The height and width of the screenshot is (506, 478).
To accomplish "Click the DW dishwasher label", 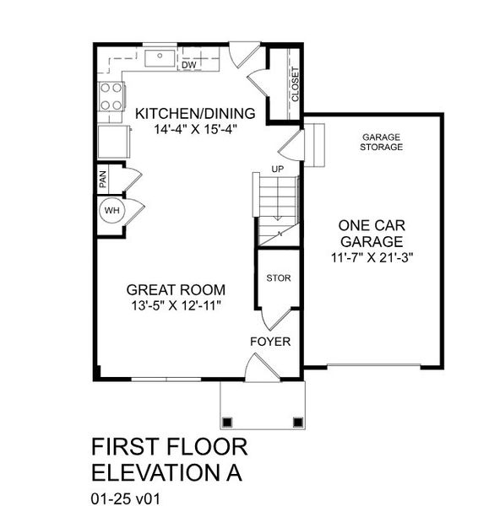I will (188, 64).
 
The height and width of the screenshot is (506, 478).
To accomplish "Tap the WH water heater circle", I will (110, 209).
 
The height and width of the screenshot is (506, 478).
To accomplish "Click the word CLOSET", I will (295, 84).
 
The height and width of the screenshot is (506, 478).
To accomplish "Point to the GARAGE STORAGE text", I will (382, 142).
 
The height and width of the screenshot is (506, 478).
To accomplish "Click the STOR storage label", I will (278, 277).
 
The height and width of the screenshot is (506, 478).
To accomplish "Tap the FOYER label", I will (270, 342).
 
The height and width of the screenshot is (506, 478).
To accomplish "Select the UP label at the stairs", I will (277, 169).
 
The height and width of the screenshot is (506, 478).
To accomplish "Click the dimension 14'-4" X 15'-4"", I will (196, 130).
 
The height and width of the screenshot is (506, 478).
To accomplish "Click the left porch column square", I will (226, 422).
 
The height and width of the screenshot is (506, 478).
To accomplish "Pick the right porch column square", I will (296, 422).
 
